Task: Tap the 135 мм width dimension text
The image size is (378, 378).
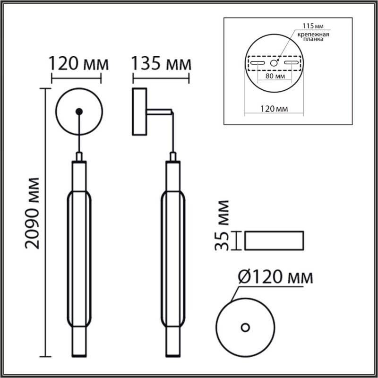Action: point(161,63)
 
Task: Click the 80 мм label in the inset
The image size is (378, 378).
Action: point(275,76)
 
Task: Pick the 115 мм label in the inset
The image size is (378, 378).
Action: point(309,26)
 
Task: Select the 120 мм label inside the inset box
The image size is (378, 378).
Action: point(275,109)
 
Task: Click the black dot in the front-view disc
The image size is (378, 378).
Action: point(79,112)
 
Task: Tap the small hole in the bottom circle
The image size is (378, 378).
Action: point(245,327)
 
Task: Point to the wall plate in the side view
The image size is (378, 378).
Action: point(140,112)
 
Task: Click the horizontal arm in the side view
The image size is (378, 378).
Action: point(160,112)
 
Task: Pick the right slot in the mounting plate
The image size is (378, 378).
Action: point(292,63)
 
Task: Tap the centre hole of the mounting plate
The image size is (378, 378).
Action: point(274,62)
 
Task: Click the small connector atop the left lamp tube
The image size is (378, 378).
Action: point(79,157)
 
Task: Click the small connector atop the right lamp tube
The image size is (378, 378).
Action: point(173,157)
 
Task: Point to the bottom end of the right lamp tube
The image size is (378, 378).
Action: point(173,352)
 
